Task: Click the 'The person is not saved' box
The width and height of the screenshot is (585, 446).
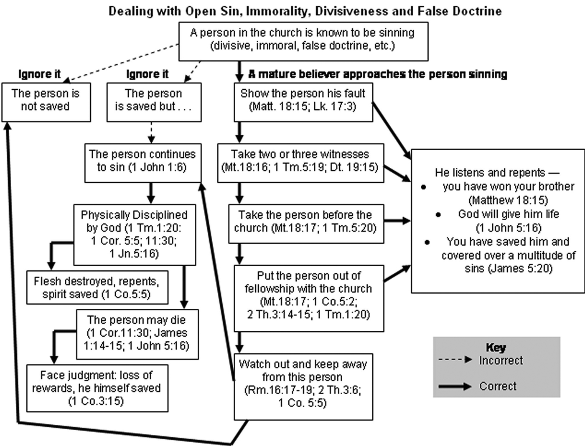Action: click(x=46, y=102)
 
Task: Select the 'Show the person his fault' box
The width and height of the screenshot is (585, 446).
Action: click(x=303, y=102)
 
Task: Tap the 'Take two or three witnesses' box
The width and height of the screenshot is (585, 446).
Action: click(x=300, y=163)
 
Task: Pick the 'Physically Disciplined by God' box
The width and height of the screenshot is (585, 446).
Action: click(x=134, y=234)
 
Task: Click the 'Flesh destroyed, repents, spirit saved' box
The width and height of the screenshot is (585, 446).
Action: click(x=97, y=287)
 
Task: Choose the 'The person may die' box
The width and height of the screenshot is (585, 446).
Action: click(x=137, y=334)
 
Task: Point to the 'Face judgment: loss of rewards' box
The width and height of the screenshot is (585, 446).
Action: click(x=97, y=388)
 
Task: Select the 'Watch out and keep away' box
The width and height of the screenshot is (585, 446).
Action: click(x=303, y=386)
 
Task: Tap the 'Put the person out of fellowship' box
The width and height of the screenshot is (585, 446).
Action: click(x=308, y=298)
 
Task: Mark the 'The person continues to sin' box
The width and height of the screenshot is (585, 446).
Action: click(x=142, y=163)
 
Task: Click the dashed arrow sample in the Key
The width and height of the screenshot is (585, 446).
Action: click(x=455, y=360)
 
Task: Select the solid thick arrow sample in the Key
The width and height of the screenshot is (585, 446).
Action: click(x=455, y=386)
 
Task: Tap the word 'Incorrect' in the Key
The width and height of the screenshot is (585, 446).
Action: click(x=501, y=360)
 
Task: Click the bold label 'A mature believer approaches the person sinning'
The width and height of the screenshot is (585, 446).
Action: click(x=378, y=74)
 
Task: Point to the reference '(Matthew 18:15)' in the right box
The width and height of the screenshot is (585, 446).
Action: click(x=508, y=200)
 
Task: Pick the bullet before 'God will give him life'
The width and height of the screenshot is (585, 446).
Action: click(x=438, y=215)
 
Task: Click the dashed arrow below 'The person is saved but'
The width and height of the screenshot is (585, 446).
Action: click(x=151, y=133)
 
